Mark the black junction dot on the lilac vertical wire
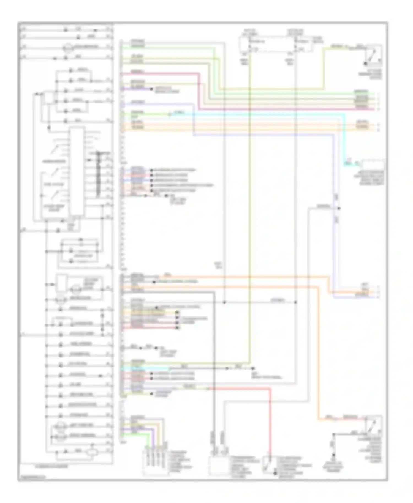339,209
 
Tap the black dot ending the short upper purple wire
151,89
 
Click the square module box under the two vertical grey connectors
218,465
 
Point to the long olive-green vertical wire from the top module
249,193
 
